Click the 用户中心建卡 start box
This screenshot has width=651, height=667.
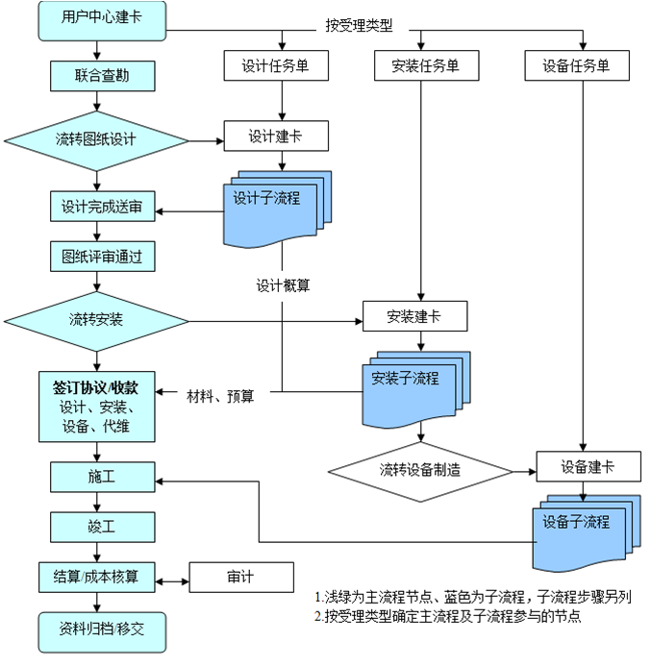click(96, 20)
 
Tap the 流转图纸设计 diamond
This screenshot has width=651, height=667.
click(96, 139)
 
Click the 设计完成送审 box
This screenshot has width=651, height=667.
click(102, 207)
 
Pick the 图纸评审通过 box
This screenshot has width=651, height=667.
click(102, 257)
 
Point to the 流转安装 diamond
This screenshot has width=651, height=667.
click(96, 318)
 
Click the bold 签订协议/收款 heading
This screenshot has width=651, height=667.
click(96, 387)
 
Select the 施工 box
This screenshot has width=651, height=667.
click(102, 476)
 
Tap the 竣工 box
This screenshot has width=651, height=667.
click(102, 526)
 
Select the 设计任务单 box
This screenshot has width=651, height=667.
click(276, 65)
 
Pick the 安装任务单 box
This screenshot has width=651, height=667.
click(425, 65)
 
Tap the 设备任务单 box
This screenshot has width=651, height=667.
click(577, 65)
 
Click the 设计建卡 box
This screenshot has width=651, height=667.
click(276, 136)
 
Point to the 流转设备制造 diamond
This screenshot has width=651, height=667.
click(420, 470)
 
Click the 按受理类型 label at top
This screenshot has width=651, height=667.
click(359, 26)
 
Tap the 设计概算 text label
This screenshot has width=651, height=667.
click(283, 285)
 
